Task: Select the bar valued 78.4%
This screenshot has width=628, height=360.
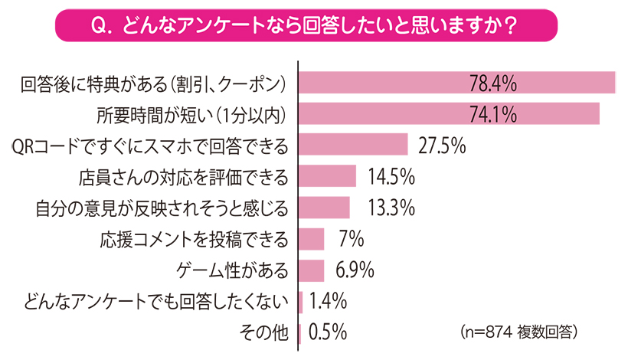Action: pos(456,83)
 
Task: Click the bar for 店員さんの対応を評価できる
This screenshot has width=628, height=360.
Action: pos(327,176)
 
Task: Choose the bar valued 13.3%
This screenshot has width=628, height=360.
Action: pos(324,208)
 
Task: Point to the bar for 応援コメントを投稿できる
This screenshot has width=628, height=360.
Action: pos(312,239)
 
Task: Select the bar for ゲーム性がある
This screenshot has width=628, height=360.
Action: pos(312,270)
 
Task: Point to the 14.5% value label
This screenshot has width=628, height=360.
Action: pos(391,176)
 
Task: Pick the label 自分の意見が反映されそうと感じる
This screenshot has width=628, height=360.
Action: pos(162,208)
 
